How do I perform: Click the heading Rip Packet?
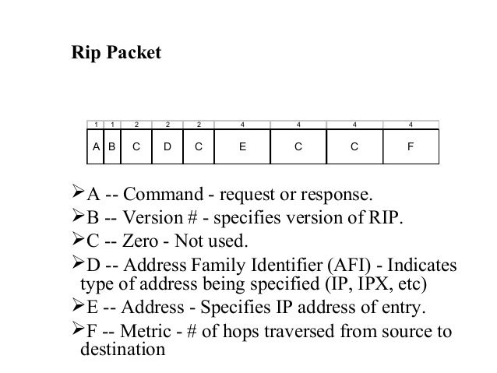click(116, 54)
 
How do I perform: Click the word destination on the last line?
click(123, 350)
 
